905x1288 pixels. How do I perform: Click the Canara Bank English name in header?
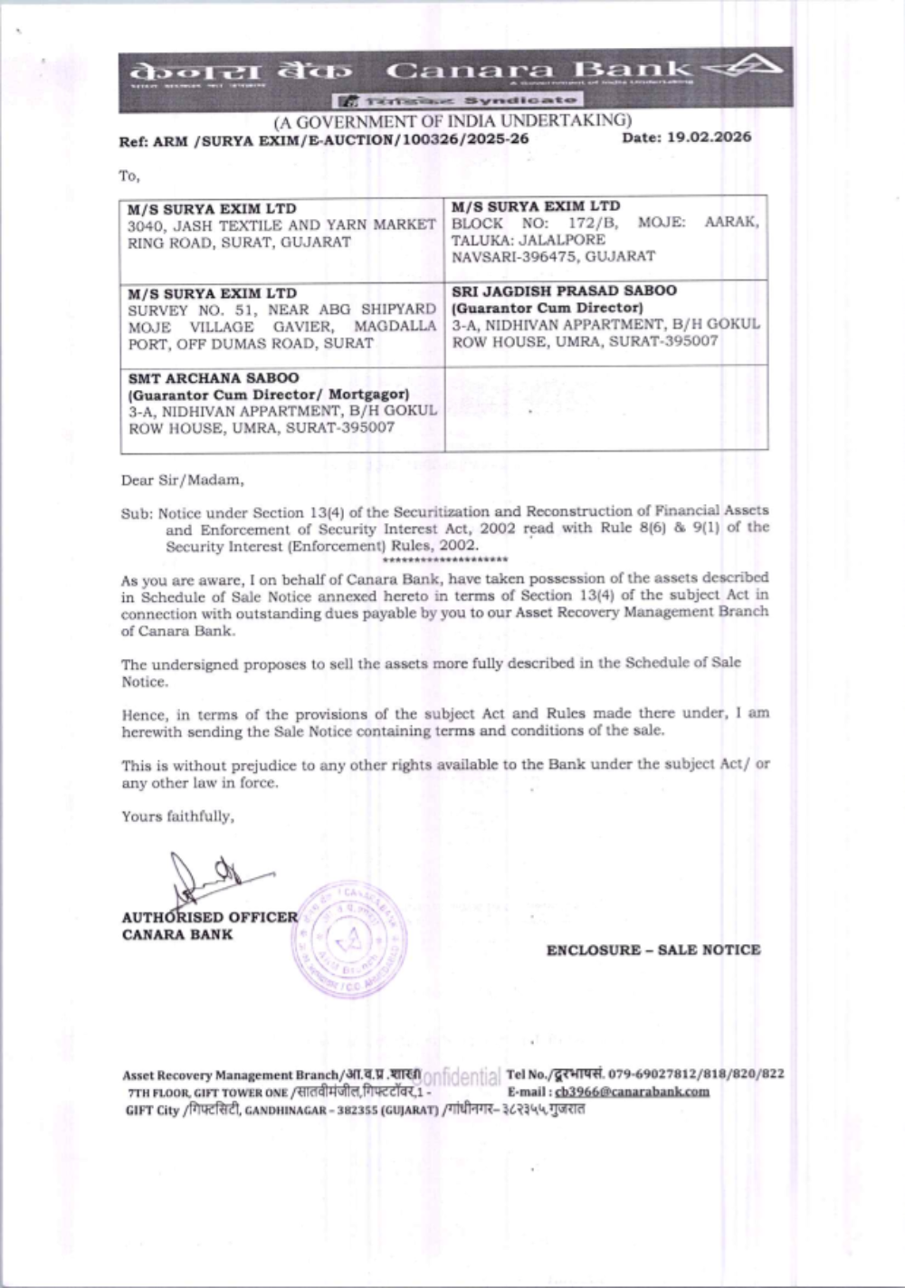(x=538, y=71)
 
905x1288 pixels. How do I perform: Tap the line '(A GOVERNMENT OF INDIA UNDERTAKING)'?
(x=452, y=120)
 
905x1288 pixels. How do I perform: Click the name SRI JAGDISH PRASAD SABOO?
(x=564, y=291)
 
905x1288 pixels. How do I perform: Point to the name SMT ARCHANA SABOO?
(x=213, y=378)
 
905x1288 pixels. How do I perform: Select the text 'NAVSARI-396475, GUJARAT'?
(x=553, y=256)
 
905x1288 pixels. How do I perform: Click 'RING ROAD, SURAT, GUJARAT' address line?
(x=239, y=243)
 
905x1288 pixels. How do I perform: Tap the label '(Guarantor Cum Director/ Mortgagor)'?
(x=269, y=395)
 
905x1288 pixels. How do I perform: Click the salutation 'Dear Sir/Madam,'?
(x=183, y=480)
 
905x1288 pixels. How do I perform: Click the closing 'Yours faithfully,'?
(x=178, y=816)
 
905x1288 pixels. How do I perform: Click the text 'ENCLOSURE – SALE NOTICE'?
(x=653, y=949)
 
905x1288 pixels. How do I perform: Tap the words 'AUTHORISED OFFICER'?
(x=209, y=917)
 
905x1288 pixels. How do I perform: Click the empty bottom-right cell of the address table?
(x=605, y=407)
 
